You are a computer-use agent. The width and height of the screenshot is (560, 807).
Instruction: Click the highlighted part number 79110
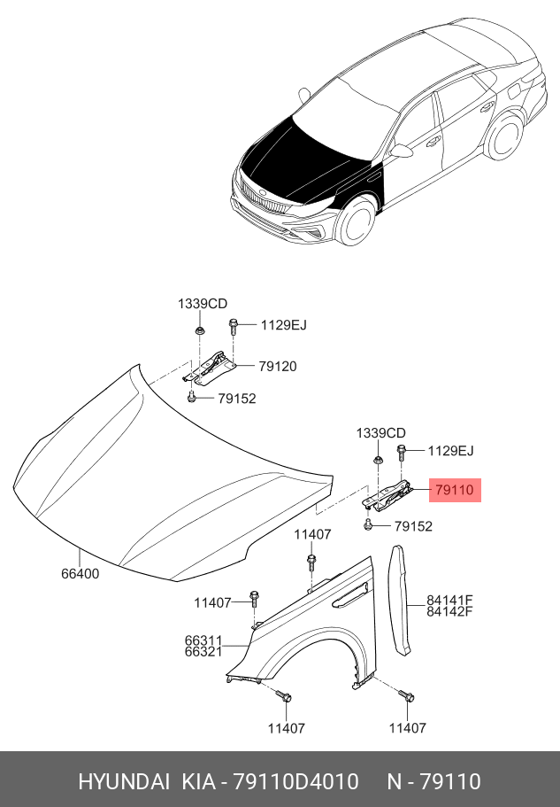454,489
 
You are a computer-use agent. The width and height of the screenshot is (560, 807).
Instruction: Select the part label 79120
278,366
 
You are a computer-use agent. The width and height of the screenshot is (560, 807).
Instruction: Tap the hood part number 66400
80,574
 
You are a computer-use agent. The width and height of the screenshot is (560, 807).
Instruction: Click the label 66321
203,652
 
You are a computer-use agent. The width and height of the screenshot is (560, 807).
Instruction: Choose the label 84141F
449,600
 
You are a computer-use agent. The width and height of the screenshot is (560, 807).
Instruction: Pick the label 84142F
449,611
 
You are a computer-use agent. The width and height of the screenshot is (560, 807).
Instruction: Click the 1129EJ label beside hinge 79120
283,325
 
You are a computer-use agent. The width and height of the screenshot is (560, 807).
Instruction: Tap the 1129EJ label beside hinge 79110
450,451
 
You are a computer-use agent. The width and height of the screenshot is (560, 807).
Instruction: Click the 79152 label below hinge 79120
237,399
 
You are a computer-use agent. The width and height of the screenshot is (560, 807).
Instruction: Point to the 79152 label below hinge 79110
413,526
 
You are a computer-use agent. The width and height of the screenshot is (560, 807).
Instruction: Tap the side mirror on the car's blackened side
403,151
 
